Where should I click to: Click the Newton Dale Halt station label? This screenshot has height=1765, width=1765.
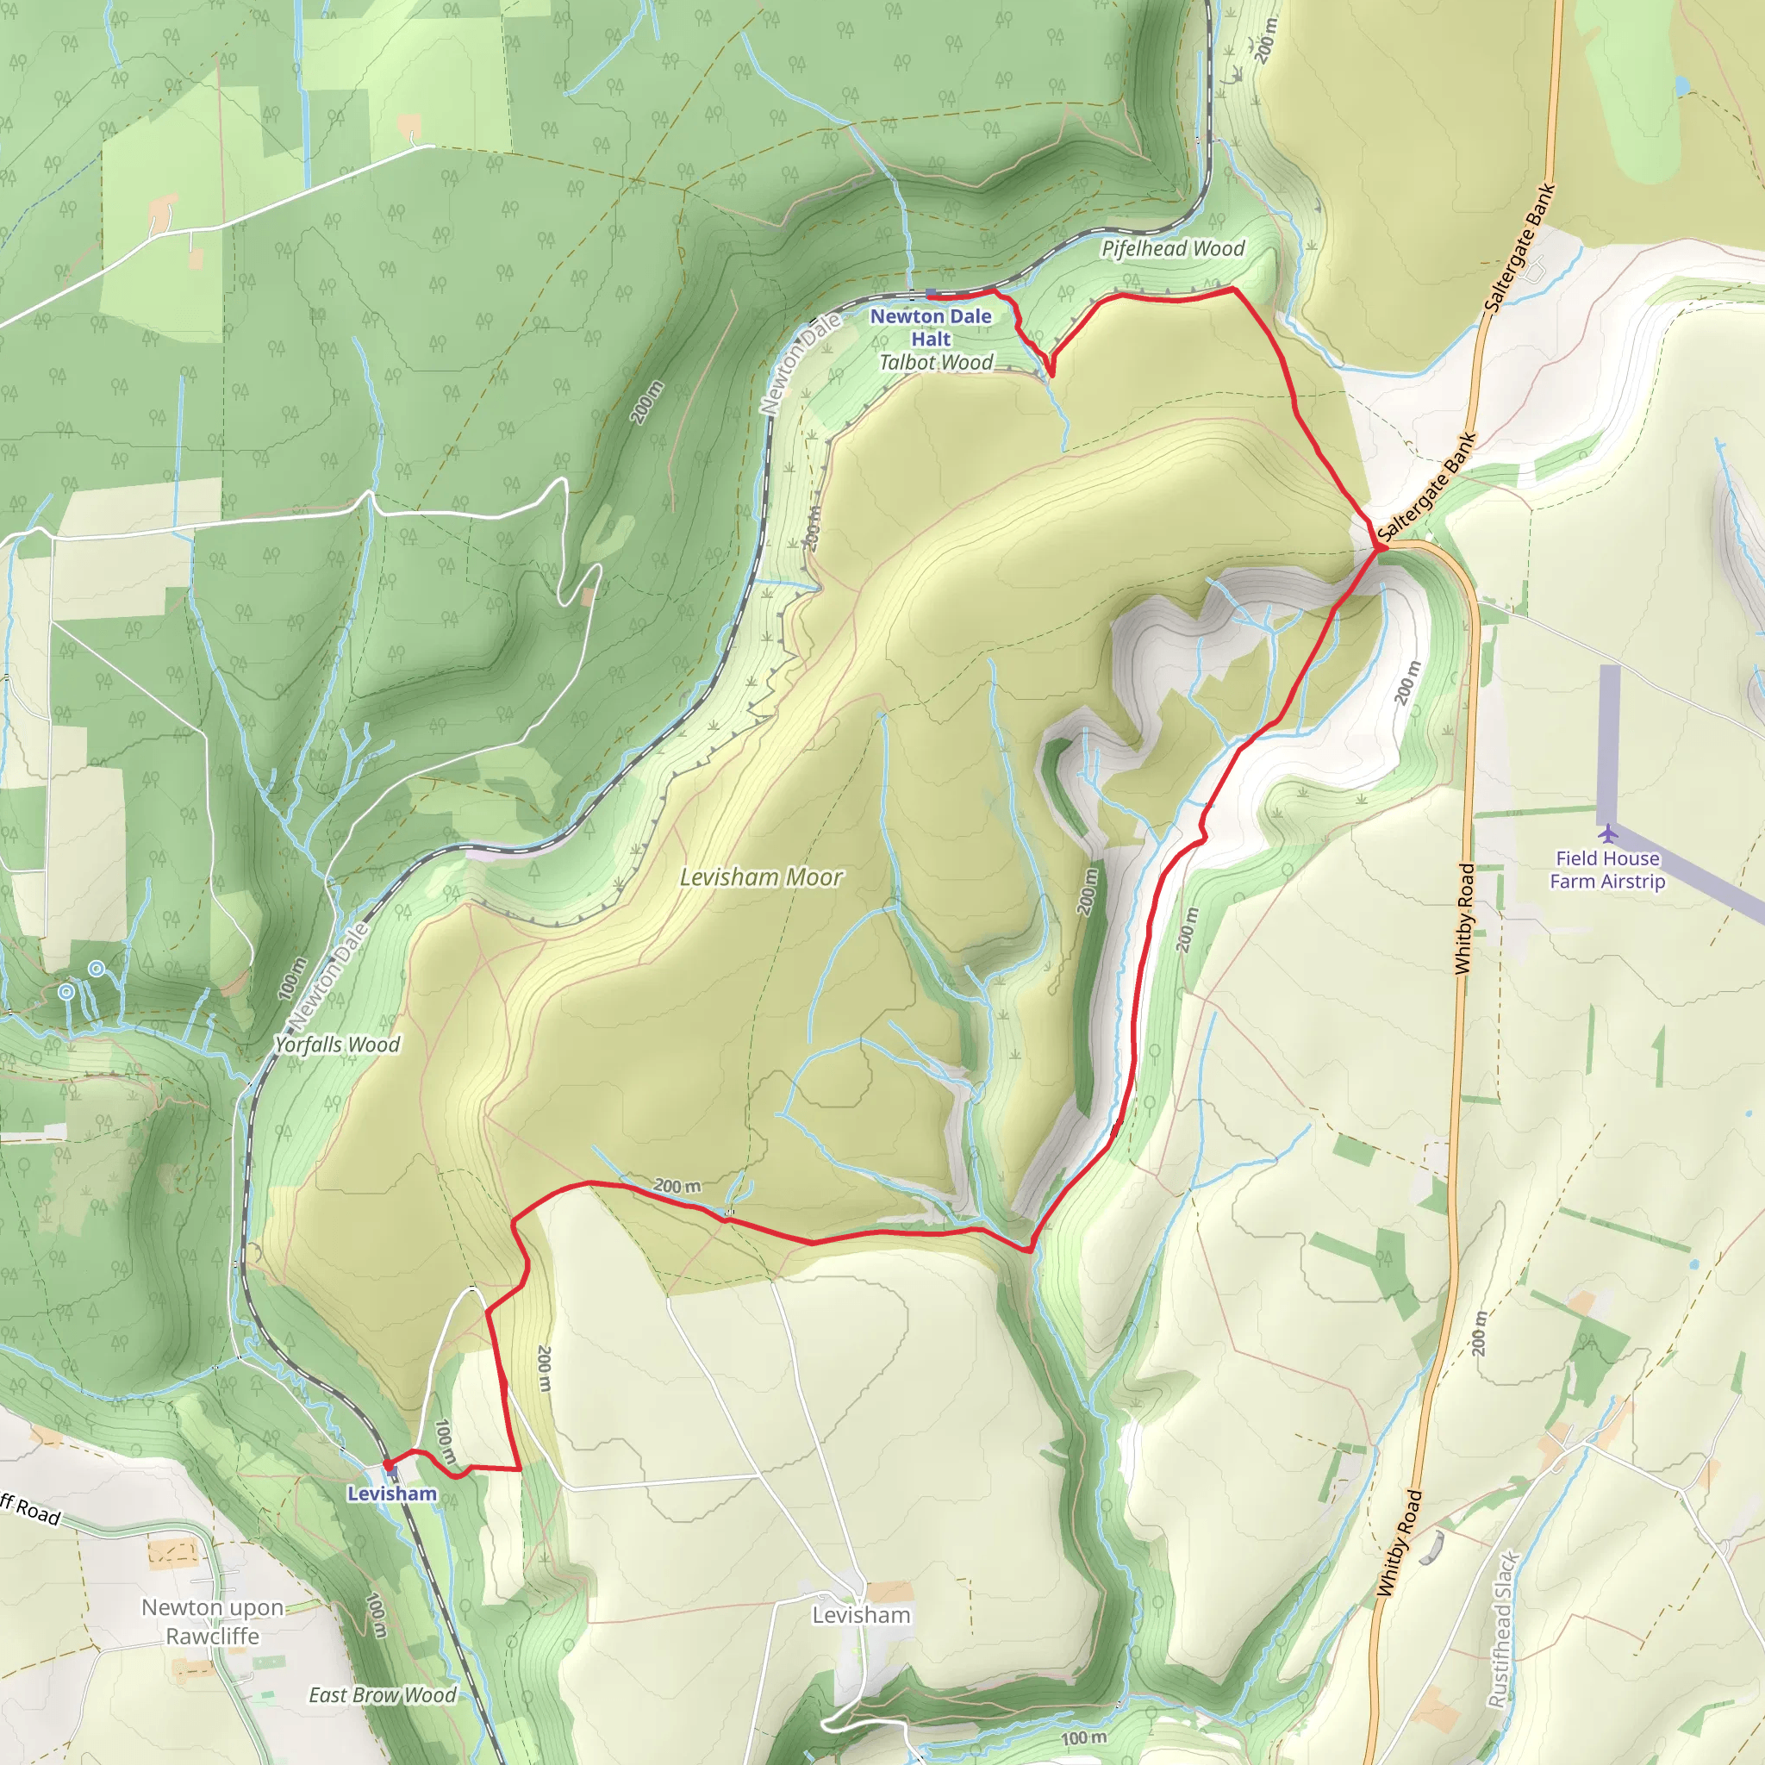point(930,327)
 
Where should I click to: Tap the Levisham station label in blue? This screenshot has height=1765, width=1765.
point(392,1493)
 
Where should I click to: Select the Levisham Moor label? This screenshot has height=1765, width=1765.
point(761,877)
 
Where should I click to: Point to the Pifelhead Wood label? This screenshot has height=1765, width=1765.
point(1172,248)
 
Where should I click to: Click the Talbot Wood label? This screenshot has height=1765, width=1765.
point(935,363)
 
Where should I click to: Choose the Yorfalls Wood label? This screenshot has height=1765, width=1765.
point(337,1045)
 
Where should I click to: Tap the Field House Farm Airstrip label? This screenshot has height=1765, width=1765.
point(1607,870)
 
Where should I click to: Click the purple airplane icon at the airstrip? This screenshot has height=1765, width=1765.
point(1608,833)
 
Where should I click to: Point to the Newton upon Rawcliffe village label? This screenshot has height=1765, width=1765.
point(213,1622)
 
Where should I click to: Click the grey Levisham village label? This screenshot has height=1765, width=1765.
point(862,1615)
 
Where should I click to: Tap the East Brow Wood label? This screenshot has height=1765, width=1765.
point(382,1695)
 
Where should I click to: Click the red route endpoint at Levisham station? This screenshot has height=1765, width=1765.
point(389,1464)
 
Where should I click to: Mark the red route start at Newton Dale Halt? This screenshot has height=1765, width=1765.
point(931,294)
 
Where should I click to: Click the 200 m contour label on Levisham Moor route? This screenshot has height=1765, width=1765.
point(677,1186)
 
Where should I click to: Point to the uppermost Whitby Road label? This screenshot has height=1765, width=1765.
point(1464,918)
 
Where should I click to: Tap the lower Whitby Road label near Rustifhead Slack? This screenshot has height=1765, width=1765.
point(1400,1543)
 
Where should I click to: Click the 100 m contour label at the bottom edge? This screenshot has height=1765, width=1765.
point(1083,1737)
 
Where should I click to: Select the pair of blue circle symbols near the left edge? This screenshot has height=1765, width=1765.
point(81,979)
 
